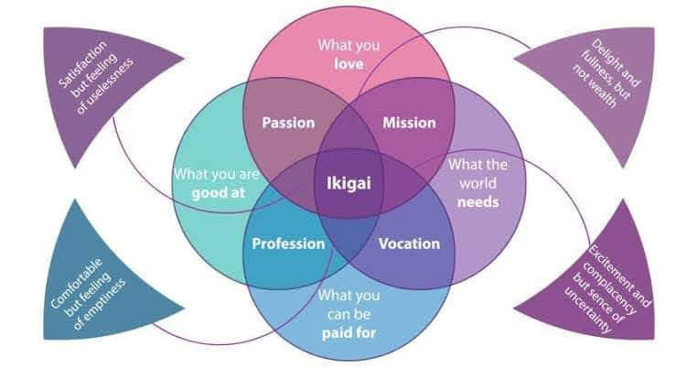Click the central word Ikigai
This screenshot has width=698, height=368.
(349, 182)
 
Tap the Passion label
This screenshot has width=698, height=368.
(288, 122)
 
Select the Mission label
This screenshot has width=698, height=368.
(409, 122)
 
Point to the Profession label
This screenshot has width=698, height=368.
(288, 244)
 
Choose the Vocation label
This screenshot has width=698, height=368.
(409, 244)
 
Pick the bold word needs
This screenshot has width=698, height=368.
(479, 202)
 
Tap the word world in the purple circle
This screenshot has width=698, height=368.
(479, 183)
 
